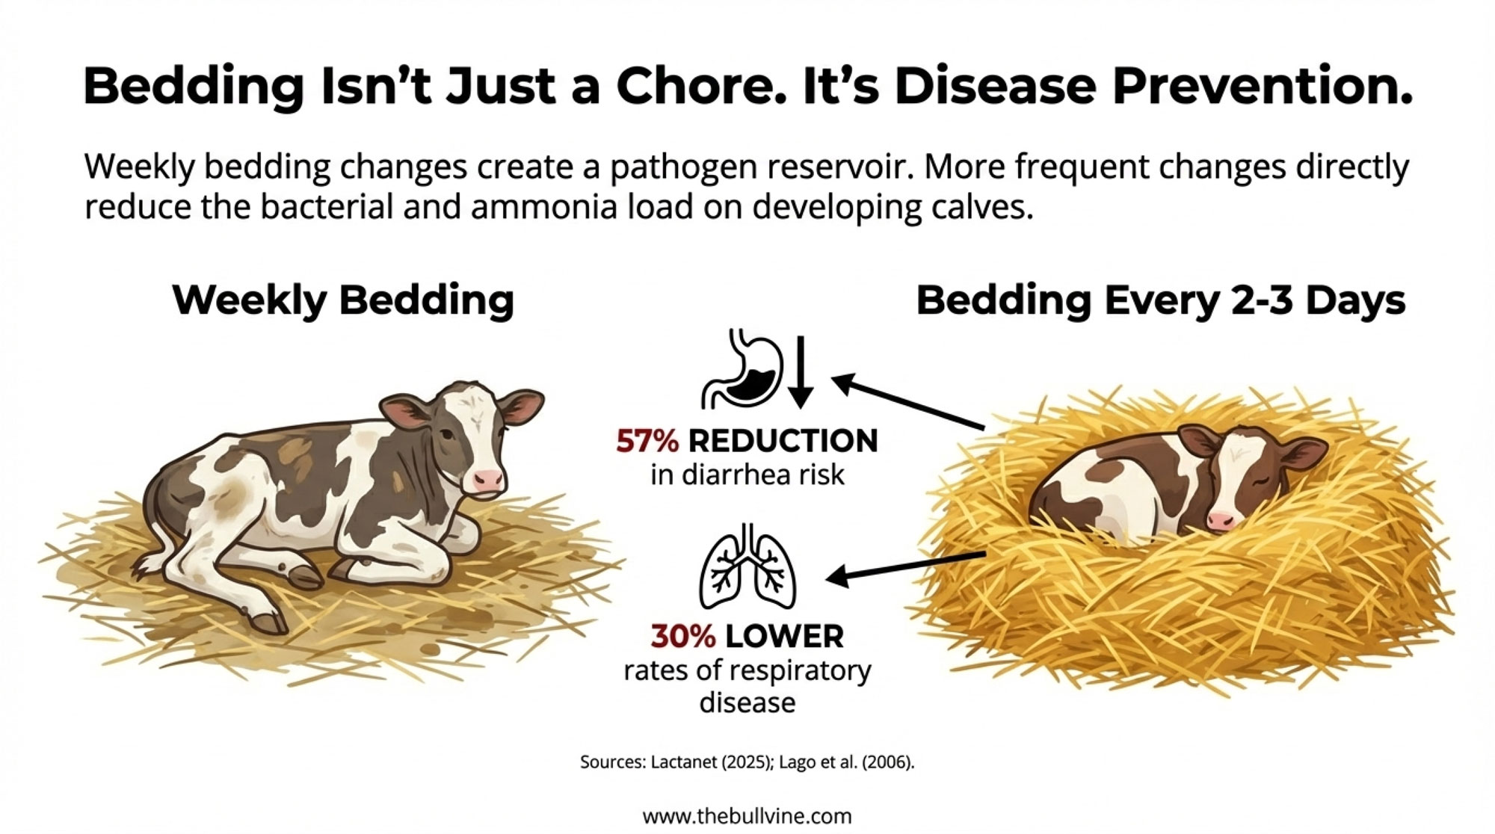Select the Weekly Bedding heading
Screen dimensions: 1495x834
(x=343, y=300)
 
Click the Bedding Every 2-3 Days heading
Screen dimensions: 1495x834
(x=1160, y=300)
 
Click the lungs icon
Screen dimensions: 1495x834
(x=747, y=565)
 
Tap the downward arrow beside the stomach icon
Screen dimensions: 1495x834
(x=801, y=372)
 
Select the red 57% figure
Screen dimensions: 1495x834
(x=647, y=441)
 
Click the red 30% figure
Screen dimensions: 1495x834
(x=683, y=637)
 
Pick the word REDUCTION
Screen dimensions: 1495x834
(x=783, y=441)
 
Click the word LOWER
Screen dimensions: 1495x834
(x=784, y=637)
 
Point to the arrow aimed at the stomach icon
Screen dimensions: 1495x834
(x=908, y=403)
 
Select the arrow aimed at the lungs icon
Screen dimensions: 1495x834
(x=904, y=565)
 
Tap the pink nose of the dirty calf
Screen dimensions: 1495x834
(x=487, y=479)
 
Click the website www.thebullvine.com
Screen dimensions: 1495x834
(x=747, y=815)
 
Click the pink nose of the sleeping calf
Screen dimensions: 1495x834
(x=1221, y=521)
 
